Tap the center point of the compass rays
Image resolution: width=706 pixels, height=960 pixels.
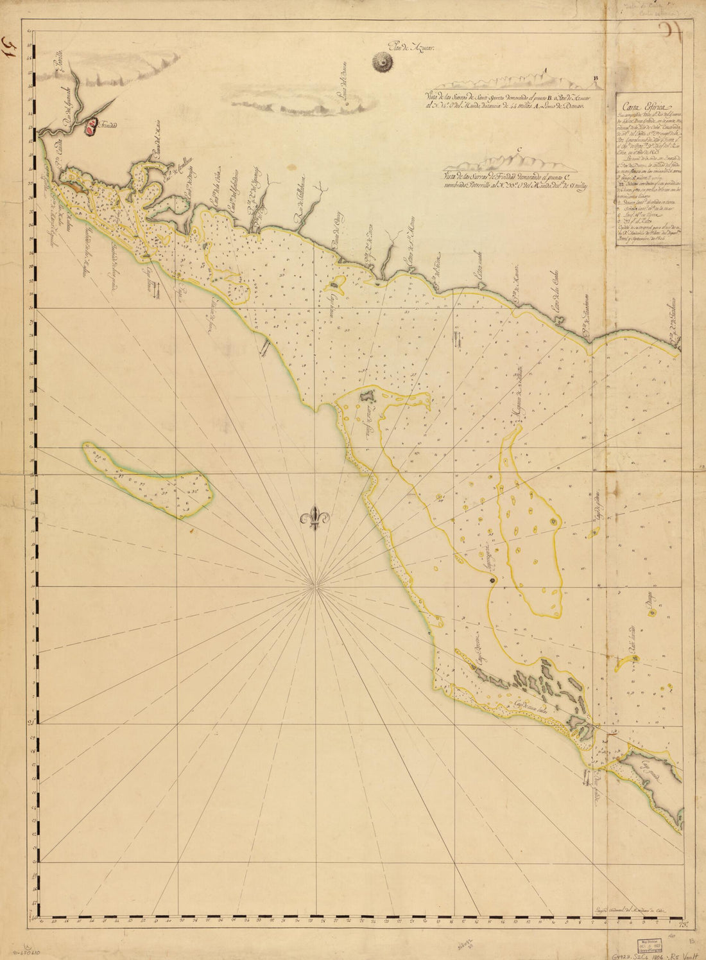[314, 586]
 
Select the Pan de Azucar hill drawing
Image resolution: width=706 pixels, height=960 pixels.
[384, 62]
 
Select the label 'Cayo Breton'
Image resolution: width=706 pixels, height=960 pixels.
[479, 656]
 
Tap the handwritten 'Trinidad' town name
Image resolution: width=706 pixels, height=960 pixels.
[108, 125]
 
